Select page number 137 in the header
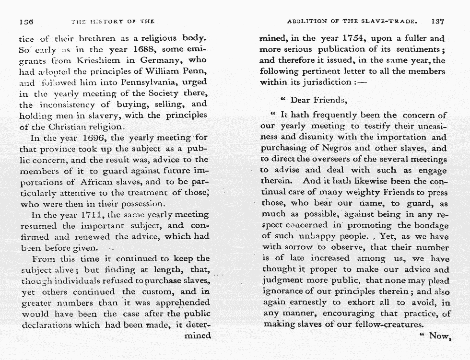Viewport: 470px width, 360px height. (439, 21)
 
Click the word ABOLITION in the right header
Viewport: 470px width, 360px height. (307, 22)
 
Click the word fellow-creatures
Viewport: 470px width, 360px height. (387, 325)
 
